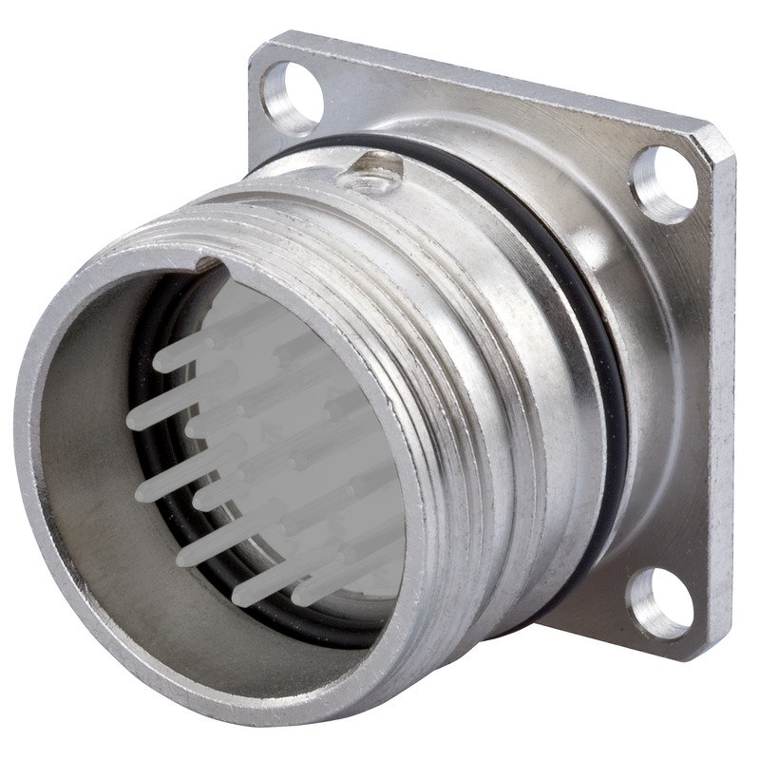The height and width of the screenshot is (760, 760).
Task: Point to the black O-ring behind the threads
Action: point(570,275)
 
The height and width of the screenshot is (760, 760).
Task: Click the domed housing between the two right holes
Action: point(655,380)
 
